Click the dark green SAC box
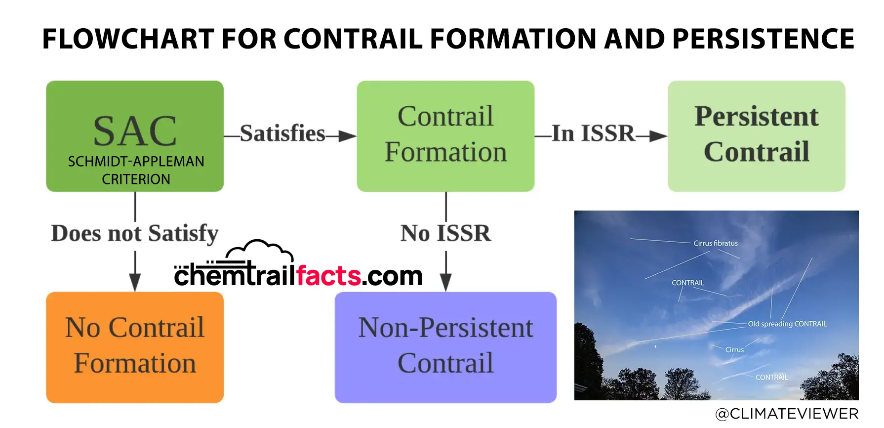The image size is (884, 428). [x=135, y=136]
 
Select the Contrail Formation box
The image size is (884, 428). [x=445, y=136]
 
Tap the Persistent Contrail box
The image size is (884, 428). [x=757, y=136]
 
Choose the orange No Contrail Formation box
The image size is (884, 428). [x=135, y=347]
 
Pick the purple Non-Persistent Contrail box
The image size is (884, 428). [x=445, y=347]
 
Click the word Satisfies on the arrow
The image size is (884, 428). [x=282, y=133]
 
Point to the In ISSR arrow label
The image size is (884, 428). [x=593, y=133]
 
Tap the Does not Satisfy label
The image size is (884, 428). [x=135, y=234]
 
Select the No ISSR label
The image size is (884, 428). [x=445, y=233]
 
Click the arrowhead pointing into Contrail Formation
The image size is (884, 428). [x=348, y=136]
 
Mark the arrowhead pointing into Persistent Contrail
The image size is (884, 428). [x=658, y=136]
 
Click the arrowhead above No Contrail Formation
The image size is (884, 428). [x=135, y=282]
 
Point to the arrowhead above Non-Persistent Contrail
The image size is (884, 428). [x=446, y=282]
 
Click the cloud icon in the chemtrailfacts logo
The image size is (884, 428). [x=260, y=252]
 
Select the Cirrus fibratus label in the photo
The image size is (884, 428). [x=716, y=243]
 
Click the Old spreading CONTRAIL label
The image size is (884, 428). [x=787, y=324]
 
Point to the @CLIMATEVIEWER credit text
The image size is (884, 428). [x=787, y=414]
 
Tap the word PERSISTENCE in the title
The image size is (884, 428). [x=763, y=39]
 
